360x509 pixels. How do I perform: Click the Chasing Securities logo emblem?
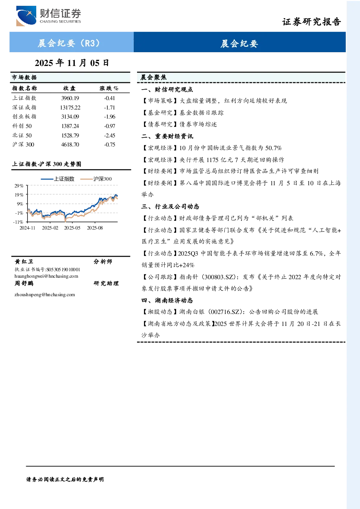tap(26, 16)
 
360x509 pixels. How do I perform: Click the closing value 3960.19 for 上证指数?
tap(70, 98)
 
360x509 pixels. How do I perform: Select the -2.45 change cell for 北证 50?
tap(109, 136)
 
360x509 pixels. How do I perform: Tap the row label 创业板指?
tap(24, 117)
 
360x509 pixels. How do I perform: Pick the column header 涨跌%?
tap(109, 88)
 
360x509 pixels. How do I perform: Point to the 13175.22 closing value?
tap(70, 107)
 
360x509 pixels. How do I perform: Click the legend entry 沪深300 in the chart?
tap(96, 179)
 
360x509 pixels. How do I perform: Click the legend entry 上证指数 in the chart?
tap(58, 179)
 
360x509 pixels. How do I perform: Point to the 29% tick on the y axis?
tap(19, 186)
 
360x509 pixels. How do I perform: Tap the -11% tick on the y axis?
tap(18, 222)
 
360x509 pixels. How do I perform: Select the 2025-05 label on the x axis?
tap(72, 228)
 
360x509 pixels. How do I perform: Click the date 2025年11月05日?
tap(72, 63)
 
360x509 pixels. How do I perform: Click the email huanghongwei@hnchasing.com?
tap(46, 276)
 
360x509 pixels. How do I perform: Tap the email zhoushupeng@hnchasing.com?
tap(45, 295)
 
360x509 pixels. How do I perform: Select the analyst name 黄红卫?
tap(24, 262)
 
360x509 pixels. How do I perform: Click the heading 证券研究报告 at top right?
tap(311, 22)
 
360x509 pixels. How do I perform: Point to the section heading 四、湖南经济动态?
tap(167, 301)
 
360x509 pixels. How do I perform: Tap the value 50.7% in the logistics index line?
tap(273, 148)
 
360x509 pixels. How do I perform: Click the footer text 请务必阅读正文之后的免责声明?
tap(65, 480)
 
